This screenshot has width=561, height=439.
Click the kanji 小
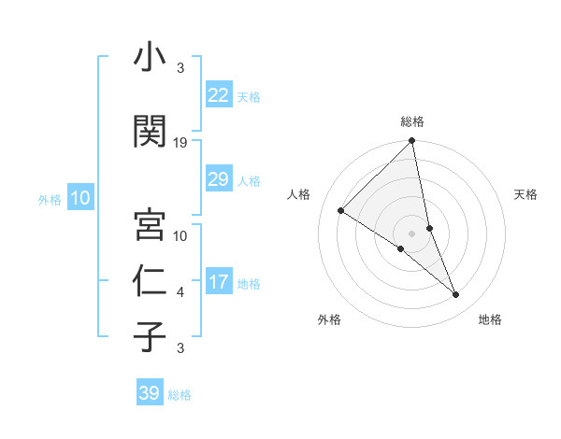coord(151,59)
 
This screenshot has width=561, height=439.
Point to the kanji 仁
coord(151,280)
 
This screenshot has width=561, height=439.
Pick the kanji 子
coord(151,336)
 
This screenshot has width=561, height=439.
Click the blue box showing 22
coord(218,95)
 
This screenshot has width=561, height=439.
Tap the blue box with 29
coord(218,179)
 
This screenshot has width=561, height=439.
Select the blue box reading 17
coord(218,282)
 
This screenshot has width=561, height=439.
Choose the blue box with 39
coord(149,393)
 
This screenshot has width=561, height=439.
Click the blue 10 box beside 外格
coord(79,198)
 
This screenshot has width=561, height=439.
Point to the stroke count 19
coord(180,142)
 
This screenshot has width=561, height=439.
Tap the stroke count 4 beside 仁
coord(180,292)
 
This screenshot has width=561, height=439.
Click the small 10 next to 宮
coord(180,236)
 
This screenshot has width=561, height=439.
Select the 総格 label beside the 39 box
coord(180,395)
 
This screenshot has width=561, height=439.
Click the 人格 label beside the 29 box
coord(249,180)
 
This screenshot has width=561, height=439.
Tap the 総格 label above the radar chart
coord(412,121)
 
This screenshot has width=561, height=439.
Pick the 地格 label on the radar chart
coord(490,319)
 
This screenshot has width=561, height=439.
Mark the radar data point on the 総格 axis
coord(412,142)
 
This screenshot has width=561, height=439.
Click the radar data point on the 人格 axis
coord(341,210)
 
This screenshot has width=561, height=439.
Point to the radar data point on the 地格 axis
coord(456,295)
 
